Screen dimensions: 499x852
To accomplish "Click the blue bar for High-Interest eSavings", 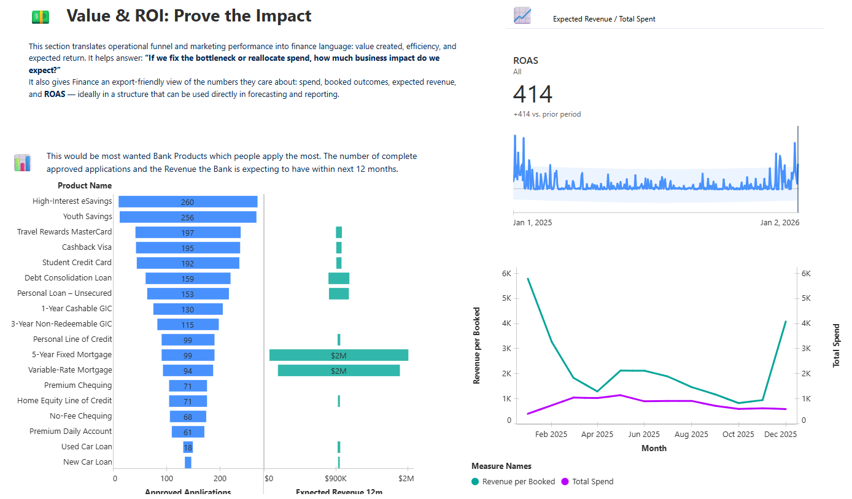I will coord(188,201).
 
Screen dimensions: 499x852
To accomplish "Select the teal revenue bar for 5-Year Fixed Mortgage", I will coord(338,355).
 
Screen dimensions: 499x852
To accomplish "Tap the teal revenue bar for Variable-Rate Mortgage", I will coord(338,370).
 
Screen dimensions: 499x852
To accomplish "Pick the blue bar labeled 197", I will coord(188,232).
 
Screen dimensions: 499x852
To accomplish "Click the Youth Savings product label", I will coord(88,217).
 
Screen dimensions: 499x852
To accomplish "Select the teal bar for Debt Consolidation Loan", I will coord(339,278).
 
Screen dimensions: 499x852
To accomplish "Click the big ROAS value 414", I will coord(533,95).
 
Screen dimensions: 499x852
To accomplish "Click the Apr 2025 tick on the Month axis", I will coord(597,435).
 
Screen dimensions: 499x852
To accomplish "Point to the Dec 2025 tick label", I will coord(780,435).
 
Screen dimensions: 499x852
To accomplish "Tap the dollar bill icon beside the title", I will coord(40,17).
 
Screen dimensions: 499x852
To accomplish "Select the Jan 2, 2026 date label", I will coord(780,223).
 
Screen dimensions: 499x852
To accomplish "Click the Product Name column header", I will coord(85,185).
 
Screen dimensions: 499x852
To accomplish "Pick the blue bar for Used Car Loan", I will coord(188,447).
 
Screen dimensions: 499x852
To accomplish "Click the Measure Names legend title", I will coord(502,466).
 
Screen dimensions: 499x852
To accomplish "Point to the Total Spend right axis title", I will coord(836,346).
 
